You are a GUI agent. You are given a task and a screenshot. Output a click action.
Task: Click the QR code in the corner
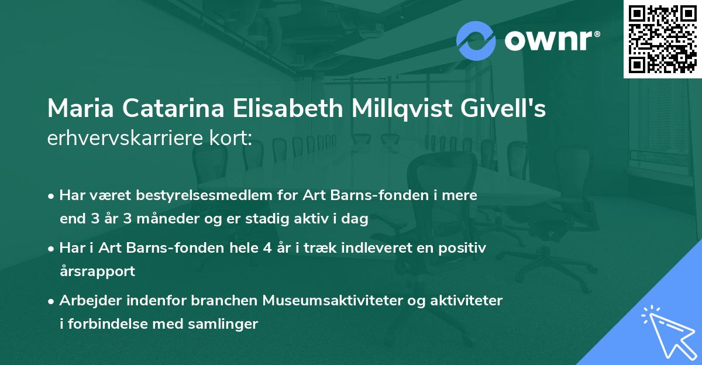663,39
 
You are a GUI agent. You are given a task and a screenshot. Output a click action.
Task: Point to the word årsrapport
97,271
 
